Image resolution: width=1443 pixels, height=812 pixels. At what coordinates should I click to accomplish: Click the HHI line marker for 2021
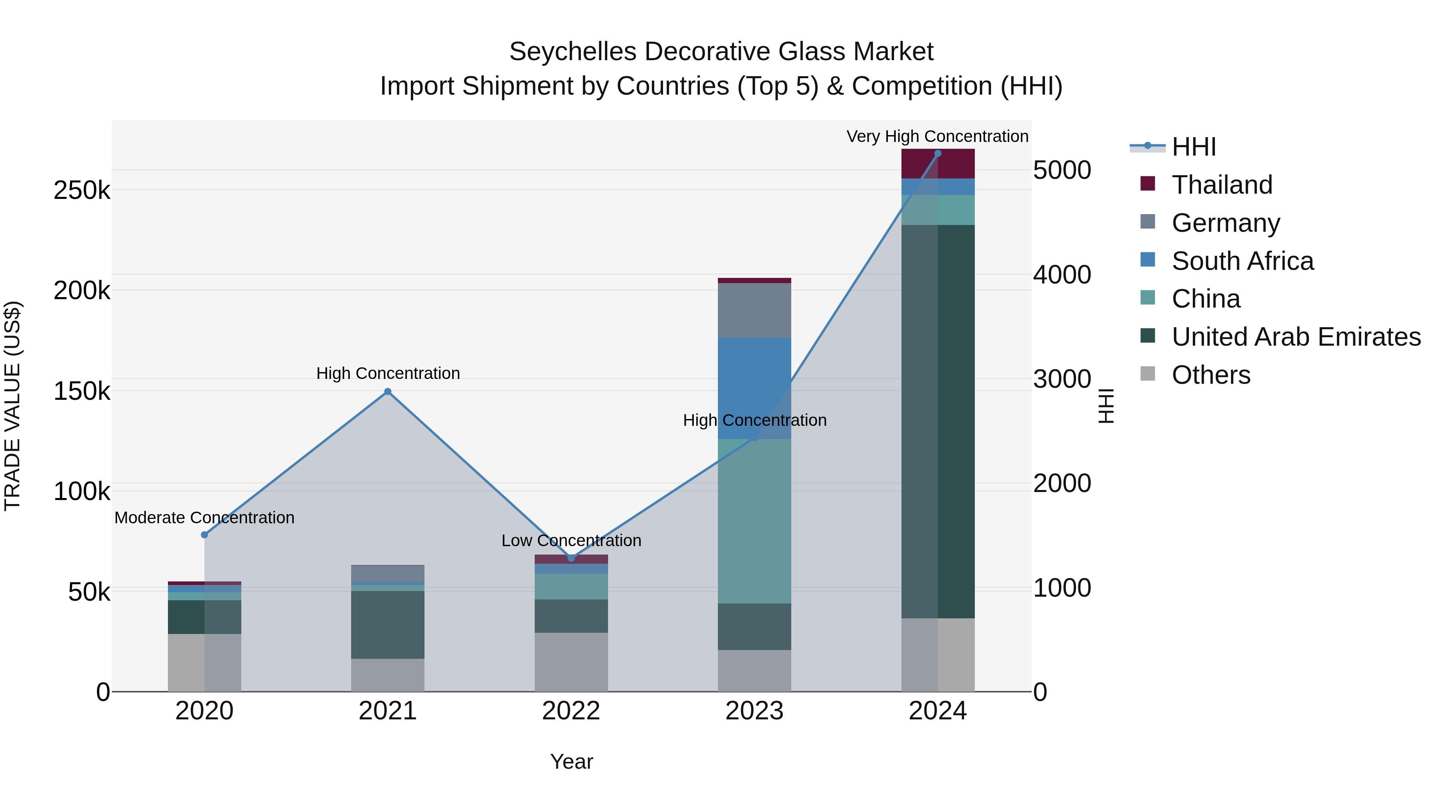tap(388, 392)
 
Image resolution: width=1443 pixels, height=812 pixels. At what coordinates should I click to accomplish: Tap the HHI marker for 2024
tap(938, 154)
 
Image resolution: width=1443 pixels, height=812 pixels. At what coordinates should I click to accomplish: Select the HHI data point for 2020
tap(204, 535)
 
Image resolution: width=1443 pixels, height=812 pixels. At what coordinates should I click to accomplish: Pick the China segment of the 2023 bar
tap(754, 521)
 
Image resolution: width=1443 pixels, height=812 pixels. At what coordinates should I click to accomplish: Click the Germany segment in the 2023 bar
tap(754, 310)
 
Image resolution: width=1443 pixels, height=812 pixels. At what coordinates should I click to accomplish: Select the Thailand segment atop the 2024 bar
tap(938, 164)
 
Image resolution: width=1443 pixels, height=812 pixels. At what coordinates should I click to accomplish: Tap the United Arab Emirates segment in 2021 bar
tap(388, 624)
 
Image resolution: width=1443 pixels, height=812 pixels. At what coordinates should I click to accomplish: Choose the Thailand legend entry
tap(1222, 185)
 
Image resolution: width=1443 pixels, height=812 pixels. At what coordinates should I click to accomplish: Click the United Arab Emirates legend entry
tap(1295, 337)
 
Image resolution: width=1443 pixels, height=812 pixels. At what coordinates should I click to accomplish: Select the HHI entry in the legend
tap(1193, 147)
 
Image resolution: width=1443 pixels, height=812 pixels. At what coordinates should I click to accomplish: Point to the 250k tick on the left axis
tap(82, 190)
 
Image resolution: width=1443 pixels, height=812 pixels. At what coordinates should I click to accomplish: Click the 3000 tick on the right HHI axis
tap(1061, 379)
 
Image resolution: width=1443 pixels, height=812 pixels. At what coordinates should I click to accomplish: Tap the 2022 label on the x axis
tap(571, 711)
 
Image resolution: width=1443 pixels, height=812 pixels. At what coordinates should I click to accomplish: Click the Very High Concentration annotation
tap(937, 136)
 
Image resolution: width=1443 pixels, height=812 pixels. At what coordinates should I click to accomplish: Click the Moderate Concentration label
tap(204, 517)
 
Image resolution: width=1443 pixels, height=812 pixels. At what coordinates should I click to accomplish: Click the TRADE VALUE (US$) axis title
tap(12, 406)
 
